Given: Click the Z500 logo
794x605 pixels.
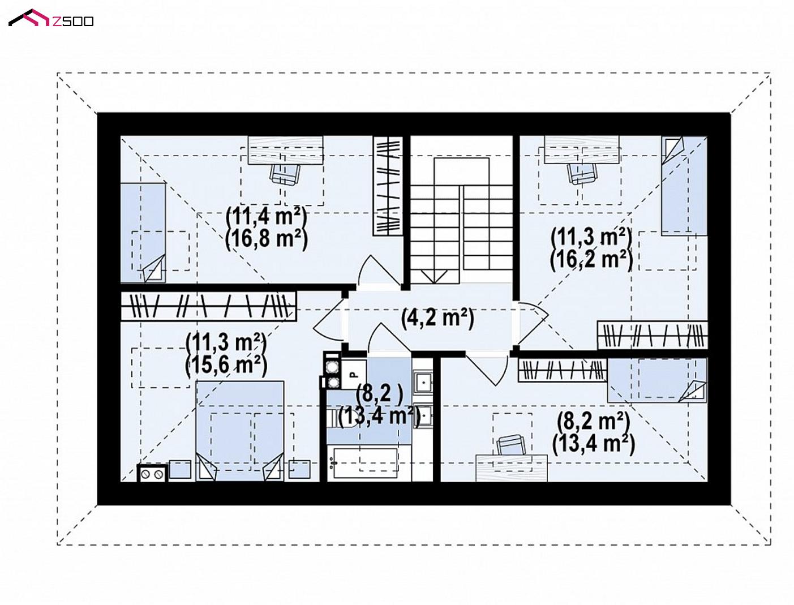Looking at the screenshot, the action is click(x=50, y=18).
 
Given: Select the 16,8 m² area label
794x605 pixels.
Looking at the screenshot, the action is click(x=266, y=239).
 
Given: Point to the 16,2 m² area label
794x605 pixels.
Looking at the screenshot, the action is click(x=591, y=259).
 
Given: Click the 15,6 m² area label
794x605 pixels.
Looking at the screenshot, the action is click(x=226, y=364).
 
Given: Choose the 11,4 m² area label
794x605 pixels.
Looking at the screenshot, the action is click(x=266, y=216).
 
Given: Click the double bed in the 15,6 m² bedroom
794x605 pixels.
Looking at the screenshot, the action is click(x=240, y=431).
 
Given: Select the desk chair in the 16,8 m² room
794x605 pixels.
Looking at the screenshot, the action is click(x=285, y=173).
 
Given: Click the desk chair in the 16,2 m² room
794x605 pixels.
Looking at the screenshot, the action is click(x=582, y=173).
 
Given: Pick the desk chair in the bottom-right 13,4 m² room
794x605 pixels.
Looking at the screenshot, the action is click(x=511, y=445).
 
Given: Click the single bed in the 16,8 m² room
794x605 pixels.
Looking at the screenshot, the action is click(x=143, y=233).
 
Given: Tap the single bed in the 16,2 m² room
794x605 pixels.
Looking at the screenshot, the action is click(x=684, y=186).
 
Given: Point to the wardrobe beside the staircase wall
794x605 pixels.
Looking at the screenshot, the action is click(x=388, y=186).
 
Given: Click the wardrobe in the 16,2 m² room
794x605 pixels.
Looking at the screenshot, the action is click(x=652, y=335).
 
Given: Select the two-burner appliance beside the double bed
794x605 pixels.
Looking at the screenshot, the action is click(x=152, y=473).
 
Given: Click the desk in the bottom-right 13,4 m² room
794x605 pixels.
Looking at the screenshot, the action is click(x=511, y=468).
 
